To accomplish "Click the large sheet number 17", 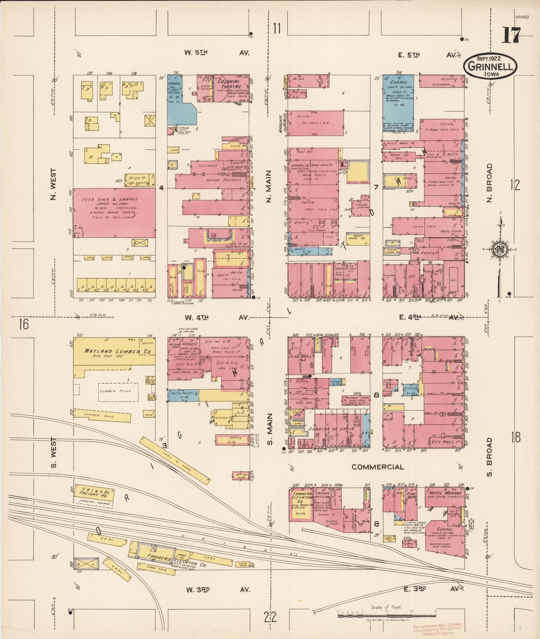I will pyautogui.click(x=511, y=36).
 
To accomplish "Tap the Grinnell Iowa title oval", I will pyautogui.click(x=490, y=66).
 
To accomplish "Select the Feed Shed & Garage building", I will pyautogui.click(x=114, y=213).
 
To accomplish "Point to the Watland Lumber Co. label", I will pyautogui.click(x=112, y=351).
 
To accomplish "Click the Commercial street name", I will pyautogui.click(x=377, y=467).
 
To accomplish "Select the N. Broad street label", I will pyautogui.click(x=490, y=183).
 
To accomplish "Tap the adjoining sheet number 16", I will pyautogui.click(x=23, y=324).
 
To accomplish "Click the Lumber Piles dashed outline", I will pyautogui.click(x=118, y=392).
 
